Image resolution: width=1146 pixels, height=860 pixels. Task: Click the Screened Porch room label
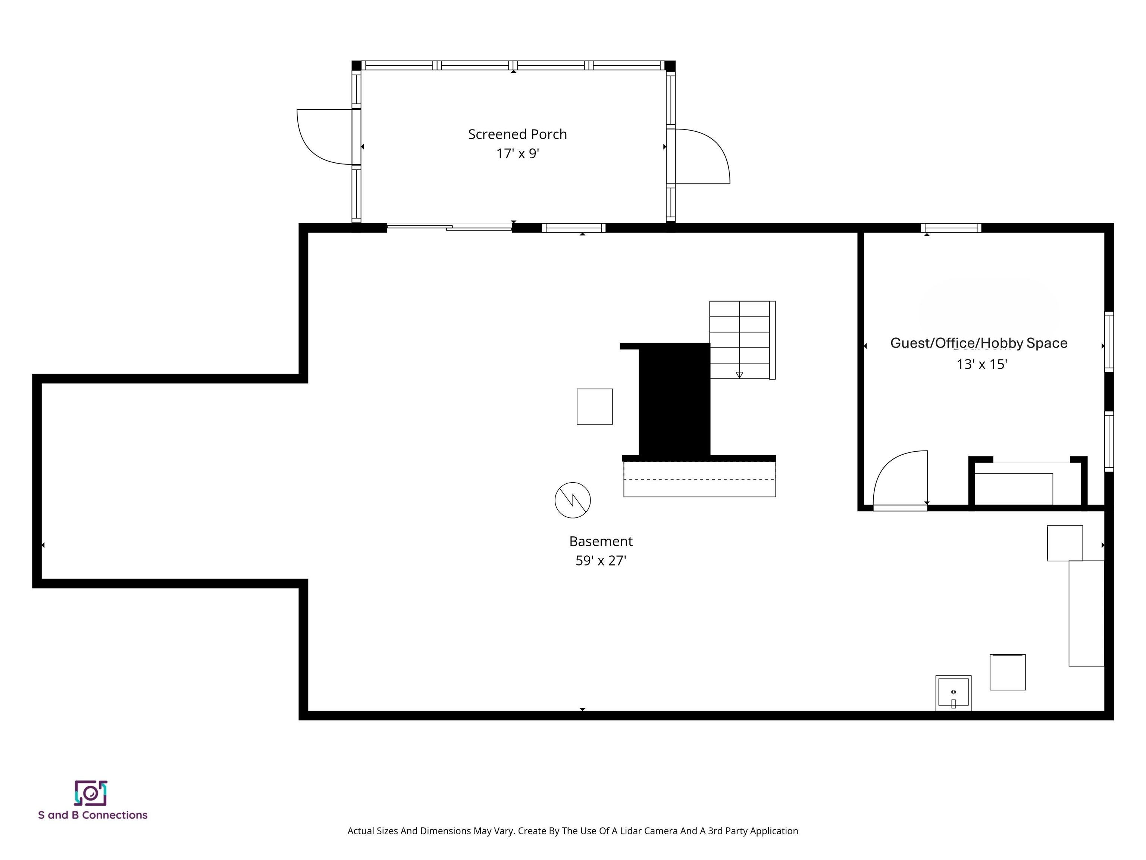[x=517, y=134]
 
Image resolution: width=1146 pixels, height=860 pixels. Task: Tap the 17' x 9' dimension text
[x=517, y=154]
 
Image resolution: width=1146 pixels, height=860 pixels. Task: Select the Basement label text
[x=601, y=541]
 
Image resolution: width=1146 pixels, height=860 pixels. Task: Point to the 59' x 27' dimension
[x=601, y=561]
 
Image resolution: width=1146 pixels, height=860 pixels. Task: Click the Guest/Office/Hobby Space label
[x=978, y=343]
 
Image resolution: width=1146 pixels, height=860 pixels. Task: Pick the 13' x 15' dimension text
[x=981, y=364]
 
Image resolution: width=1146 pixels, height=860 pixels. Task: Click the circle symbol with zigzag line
[x=573, y=500]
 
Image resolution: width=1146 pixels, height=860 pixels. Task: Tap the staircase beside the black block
[x=741, y=340]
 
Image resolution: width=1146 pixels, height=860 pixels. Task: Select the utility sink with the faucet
[x=953, y=692]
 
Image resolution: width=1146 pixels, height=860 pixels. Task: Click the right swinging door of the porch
[x=701, y=156]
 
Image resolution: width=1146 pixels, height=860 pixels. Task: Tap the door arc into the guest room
[x=899, y=480]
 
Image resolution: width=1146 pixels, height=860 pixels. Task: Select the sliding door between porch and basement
[x=449, y=227]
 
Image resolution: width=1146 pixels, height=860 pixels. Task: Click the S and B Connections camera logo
[x=91, y=792]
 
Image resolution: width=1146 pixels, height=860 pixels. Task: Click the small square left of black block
[x=594, y=406]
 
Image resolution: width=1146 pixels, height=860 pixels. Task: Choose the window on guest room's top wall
[x=950, y=228]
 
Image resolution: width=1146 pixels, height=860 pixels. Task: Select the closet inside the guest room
[x=1027, y=485]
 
